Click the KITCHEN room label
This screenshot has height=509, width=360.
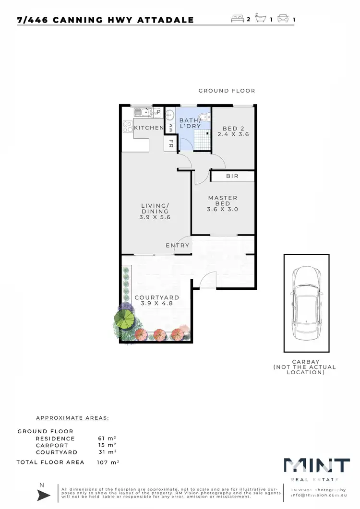pos(149,128)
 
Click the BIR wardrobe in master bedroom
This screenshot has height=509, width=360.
pos(232,177)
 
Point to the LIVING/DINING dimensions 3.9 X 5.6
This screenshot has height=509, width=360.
pos(155,217)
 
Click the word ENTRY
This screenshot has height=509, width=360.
pos(178,246)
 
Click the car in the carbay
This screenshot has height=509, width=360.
pos(306,304)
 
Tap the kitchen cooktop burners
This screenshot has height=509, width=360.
pos(128,127)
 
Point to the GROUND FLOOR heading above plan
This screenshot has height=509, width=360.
pos(227,91)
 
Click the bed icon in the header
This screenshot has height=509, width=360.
pos(238,20)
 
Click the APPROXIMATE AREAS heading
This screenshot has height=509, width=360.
pos(72,418)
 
